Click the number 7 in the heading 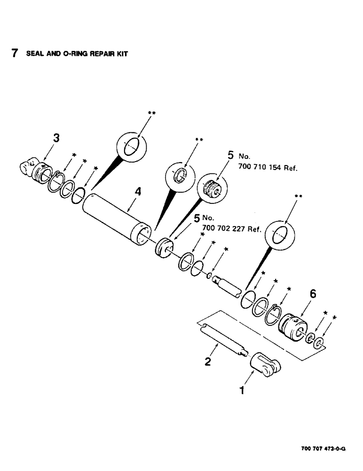(x=15, y=53)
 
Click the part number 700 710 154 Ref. (x=266, y=168)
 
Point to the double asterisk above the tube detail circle (x=152, y=113)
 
